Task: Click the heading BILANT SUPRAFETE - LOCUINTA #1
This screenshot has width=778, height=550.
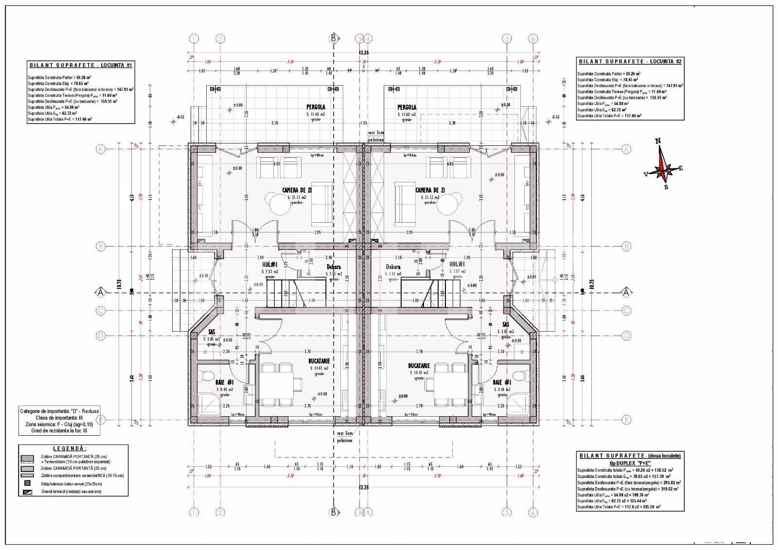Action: (80, 65)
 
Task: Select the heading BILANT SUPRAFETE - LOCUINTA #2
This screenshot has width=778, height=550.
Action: (630, 61)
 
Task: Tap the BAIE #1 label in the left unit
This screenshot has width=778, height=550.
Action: (225, 382)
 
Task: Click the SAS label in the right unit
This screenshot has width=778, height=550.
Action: (506, 324)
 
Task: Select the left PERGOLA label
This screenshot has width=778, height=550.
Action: (316, 107)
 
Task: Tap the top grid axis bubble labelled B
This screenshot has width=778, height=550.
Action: (334, 38)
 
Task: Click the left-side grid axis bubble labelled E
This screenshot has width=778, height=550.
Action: (101, 420)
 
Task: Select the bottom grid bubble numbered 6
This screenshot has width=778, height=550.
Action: (533, 512)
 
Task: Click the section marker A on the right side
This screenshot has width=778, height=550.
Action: (626, 292)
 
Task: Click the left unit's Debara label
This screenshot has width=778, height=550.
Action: (334, 267)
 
